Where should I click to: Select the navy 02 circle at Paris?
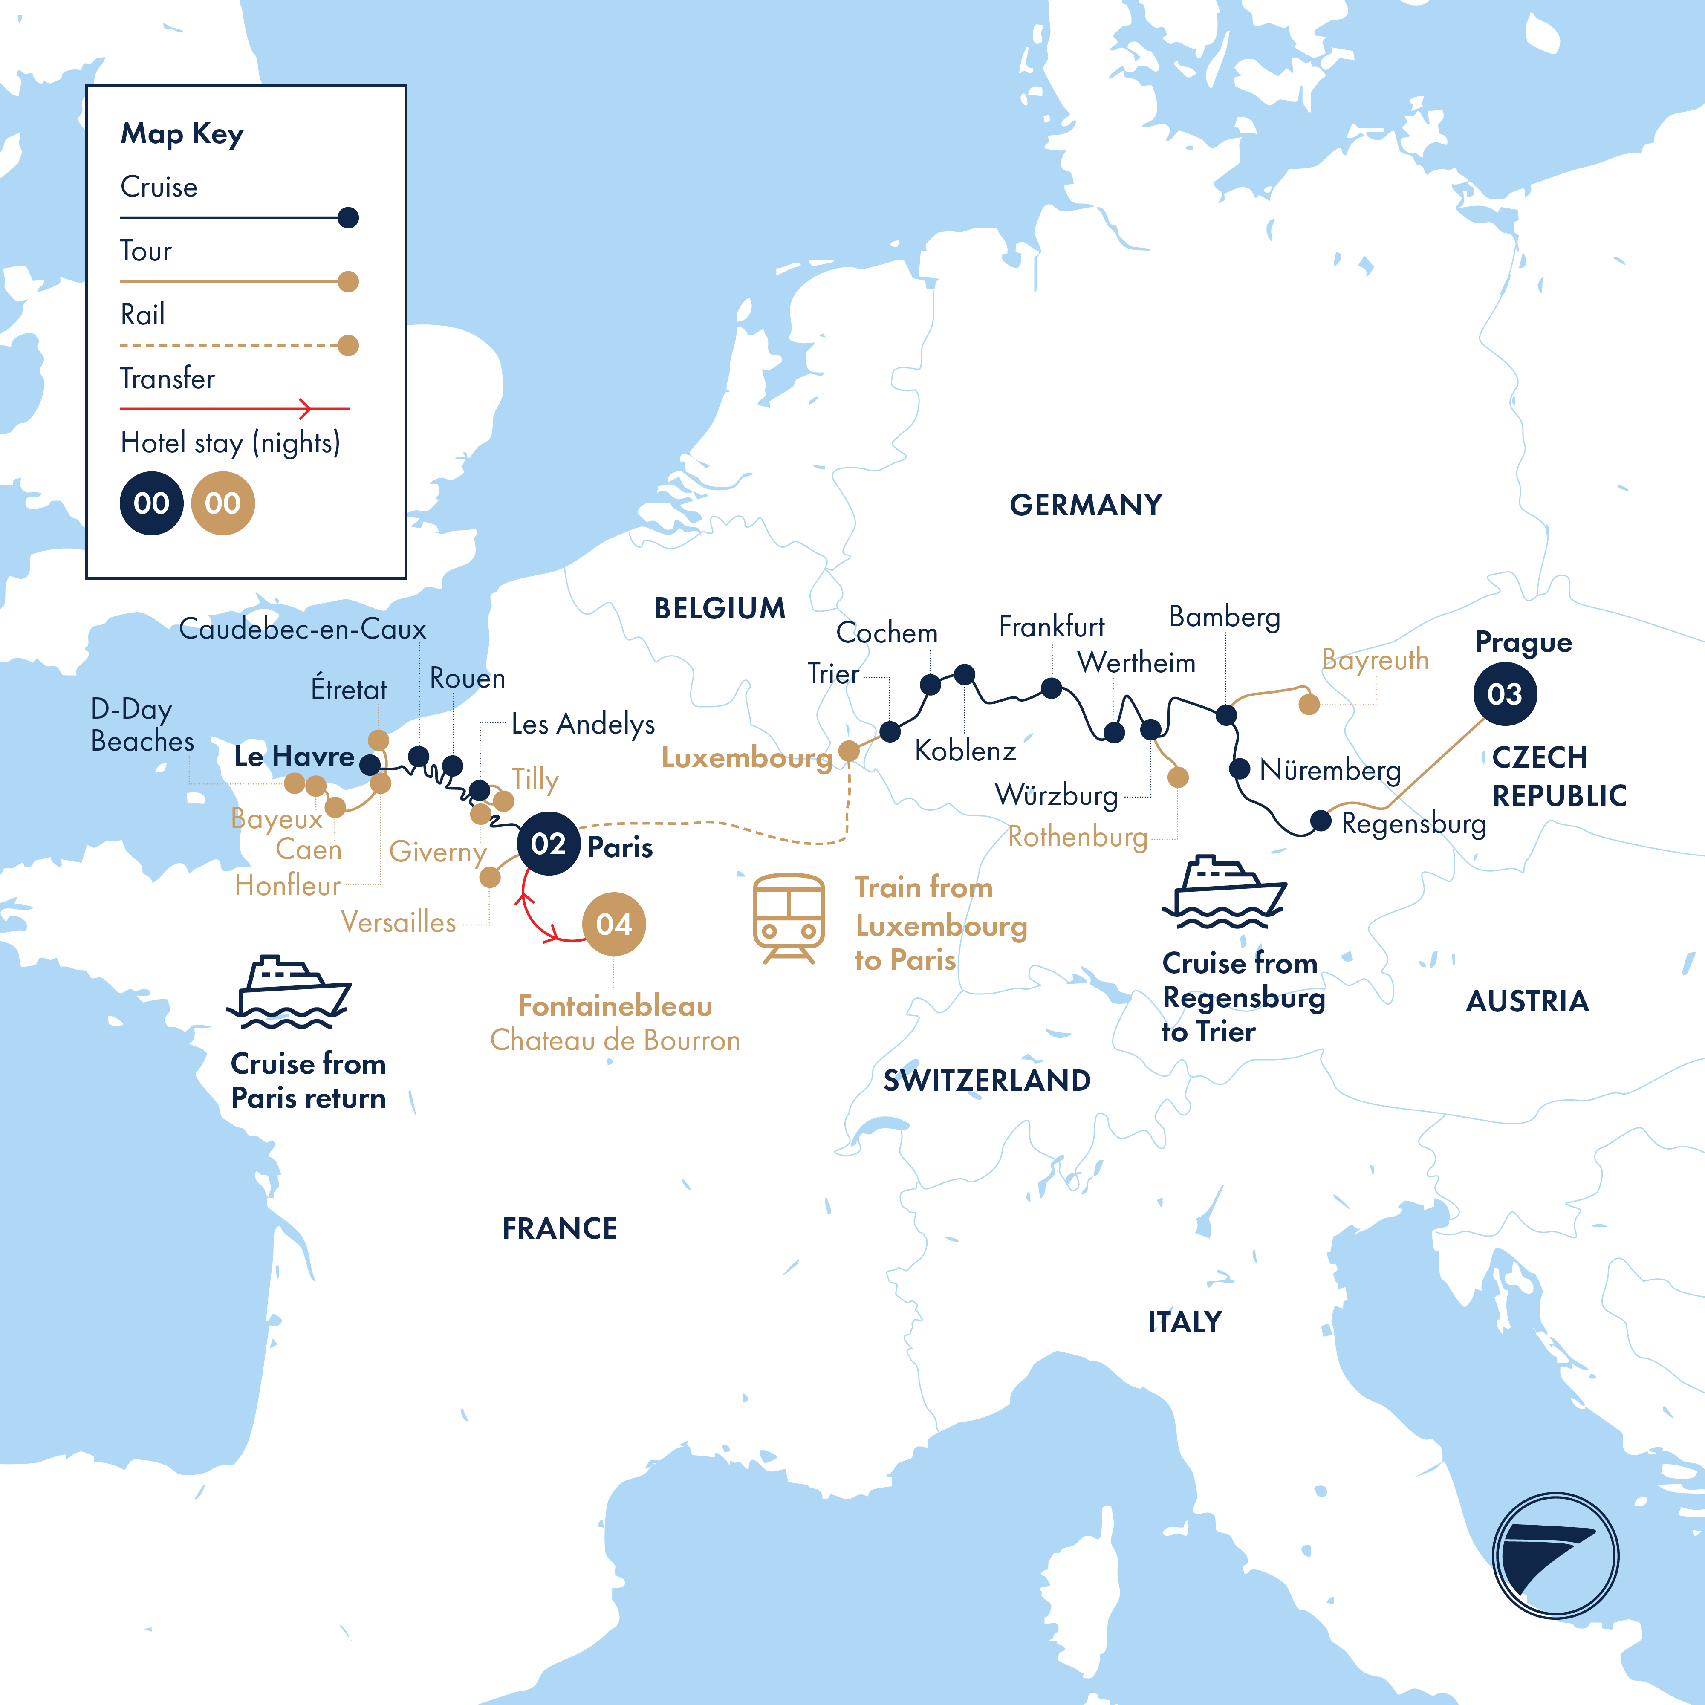(548, 844)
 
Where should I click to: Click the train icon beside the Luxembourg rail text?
(788, 918)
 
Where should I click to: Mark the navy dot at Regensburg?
(1320, 821)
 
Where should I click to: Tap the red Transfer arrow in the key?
(304, 409)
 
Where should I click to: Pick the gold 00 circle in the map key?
(223, 503)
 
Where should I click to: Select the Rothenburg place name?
(1078, 837)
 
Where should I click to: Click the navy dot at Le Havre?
(371, 764)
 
